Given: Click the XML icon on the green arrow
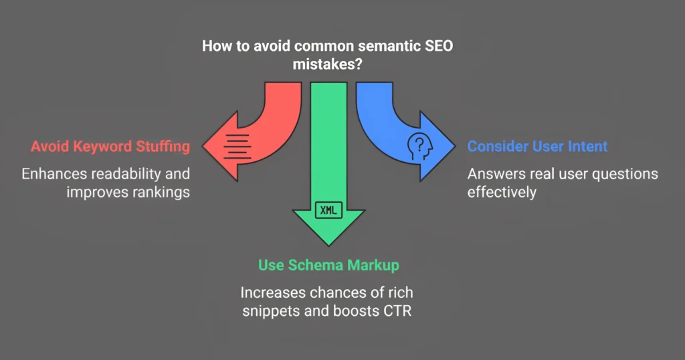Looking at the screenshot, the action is point(328,210).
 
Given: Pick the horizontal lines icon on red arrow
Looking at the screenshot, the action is point(237,147).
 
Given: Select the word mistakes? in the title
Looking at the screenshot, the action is point(327,64).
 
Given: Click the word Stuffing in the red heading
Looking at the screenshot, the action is point(163,147).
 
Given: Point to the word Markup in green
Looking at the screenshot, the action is point(373,266).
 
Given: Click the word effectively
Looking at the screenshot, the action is point(502,192).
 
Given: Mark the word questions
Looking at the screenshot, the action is point(625,175).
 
